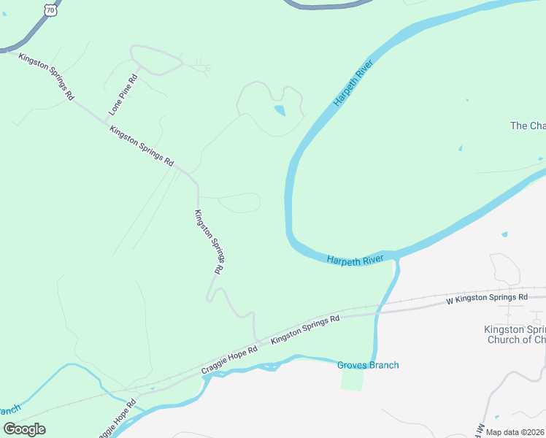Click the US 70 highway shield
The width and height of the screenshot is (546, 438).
pyautogui.click(x=50, y=7)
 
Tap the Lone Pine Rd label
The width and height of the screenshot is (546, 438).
pyautogui.click(x=123, y=94)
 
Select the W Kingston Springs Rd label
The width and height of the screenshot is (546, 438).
pyautogui.click(x=486, y=298)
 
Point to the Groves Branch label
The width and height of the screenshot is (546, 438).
pyautogui.click(x=368, y=365)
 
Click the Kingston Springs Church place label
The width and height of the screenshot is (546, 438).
pyautogui.click(x=515, y=334)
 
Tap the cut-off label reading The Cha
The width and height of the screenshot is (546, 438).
pyautogui.click(x=527, y=126)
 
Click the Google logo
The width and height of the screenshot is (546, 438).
pyautogui.click(x=23, y=429)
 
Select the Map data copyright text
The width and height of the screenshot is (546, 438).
pyautogui.click(x=515, y=432)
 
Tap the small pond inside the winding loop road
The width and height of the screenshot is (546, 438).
pyautogui.click(x=279, y=111)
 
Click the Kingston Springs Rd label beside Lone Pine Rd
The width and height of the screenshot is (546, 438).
pyautogui.click(x=142, y=145)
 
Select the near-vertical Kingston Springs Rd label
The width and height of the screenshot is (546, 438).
pyautogui.click(x=208, y=242)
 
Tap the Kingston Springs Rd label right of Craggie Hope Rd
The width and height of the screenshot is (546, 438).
pyautogui.click(x=305, y=330)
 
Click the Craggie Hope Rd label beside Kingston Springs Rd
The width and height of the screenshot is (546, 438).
pyautogui.click(x=230, y=361)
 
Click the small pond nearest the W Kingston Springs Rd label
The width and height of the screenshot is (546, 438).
pyautogui.click(x=504, y=235)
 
